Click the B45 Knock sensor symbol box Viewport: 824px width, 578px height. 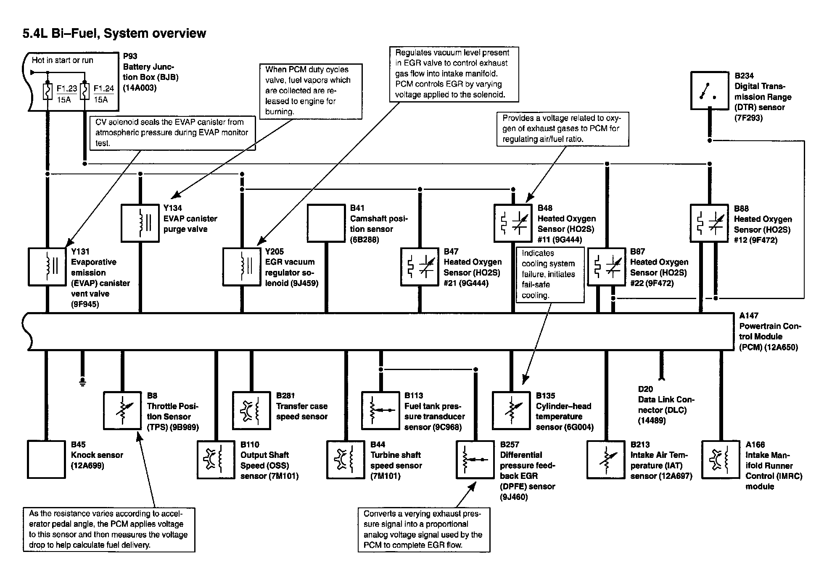46,459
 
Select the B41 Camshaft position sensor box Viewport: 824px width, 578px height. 326,223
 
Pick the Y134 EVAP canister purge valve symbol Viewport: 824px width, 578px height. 140,223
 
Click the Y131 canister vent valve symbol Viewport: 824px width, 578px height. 47,267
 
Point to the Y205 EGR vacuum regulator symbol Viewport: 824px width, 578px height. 242,267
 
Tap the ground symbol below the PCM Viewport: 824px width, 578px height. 82,381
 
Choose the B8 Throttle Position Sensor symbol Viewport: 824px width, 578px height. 122,410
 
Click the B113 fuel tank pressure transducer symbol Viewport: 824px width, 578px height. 380,410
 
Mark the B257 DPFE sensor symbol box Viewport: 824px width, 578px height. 475,459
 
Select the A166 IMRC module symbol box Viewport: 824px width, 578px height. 721,459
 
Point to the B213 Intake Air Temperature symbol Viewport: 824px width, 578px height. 606,459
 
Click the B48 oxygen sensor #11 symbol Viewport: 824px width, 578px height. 513,223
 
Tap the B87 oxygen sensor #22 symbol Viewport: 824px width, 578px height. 606,267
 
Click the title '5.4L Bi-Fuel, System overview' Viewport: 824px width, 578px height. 114,34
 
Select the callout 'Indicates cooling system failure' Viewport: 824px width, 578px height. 550,274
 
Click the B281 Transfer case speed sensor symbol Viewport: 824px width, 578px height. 251,410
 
